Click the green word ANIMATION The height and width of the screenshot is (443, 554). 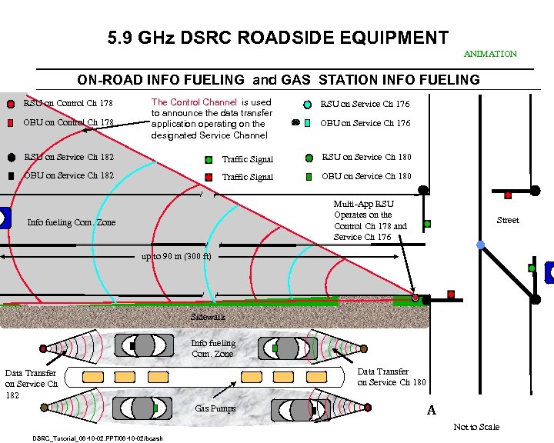point(490,54)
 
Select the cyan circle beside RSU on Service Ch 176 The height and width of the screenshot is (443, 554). point(307,105)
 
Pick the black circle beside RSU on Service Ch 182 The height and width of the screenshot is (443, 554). point(11,157)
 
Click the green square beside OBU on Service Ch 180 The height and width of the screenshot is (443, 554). point(308,176)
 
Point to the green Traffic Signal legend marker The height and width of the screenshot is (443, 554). point(209,160)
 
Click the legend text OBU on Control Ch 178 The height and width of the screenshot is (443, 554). point(68,122)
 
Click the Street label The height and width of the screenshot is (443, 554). point(507,220)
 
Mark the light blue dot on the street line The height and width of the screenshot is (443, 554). point(481,245)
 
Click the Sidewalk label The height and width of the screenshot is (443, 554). point(209,316)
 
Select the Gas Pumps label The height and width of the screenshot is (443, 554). point(215,408)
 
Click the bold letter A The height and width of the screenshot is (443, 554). point(431,410)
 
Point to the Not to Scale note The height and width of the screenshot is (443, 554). point(476,427)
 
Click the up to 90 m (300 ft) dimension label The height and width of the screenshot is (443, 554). point(176,256)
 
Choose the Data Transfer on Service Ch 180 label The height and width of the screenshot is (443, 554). point(391,377)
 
